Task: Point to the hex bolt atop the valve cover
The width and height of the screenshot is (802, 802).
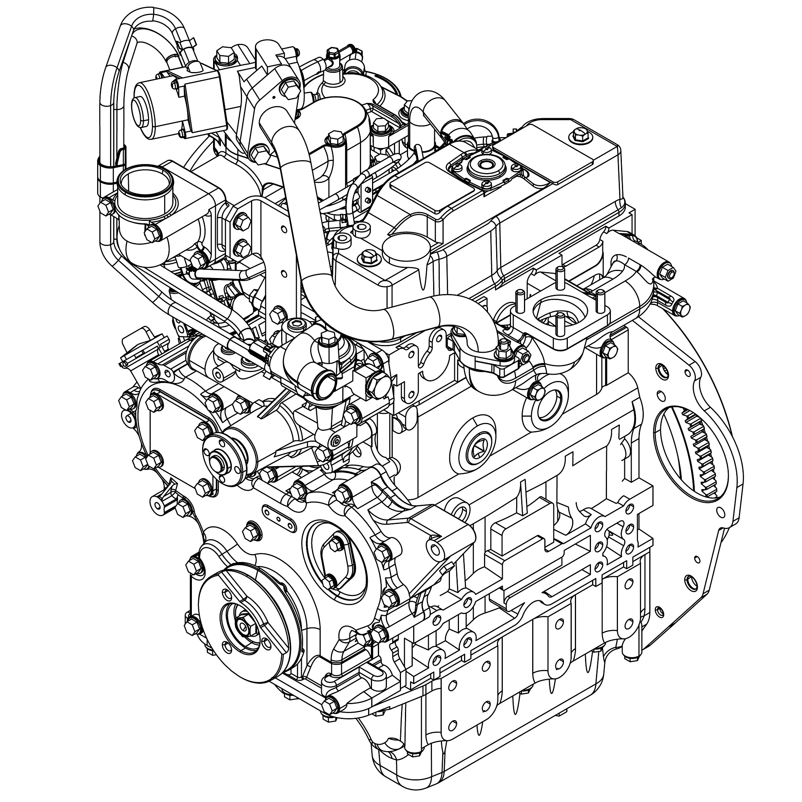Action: (579, 134)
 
